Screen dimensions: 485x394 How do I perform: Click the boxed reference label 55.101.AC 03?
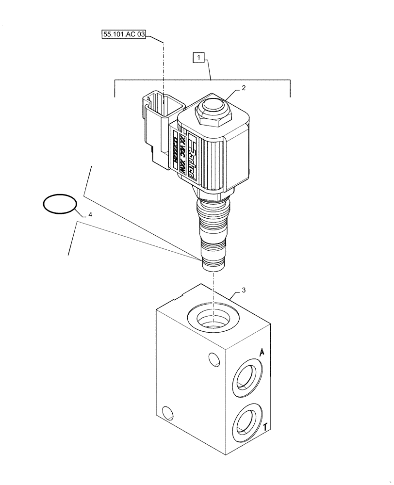pos(124,35)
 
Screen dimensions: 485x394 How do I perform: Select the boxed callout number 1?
pos(198,58)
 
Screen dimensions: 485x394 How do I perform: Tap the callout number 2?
pos(244,88)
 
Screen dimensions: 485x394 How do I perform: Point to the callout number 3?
pos(244,290)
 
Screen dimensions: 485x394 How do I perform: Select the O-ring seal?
pos(60,204)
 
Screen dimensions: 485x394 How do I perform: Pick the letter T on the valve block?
pos(265,427)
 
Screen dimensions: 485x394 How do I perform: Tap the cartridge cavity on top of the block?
pos(213,320)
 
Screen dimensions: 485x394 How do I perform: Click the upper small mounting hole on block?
pos(213,359)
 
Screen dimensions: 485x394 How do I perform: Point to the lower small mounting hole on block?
pos(167,413)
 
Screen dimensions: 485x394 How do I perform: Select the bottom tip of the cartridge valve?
pos(213,264)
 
